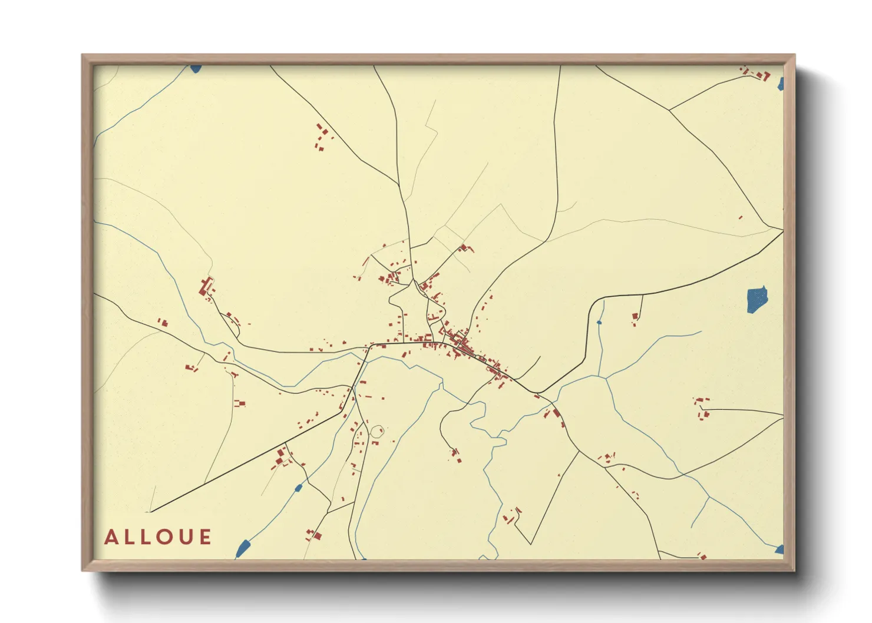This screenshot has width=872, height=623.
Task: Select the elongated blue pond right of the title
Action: [x=242, y=548]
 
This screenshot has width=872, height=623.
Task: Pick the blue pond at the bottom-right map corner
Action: [x=780, y=550]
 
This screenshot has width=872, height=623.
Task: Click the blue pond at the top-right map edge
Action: [x=781, y=84]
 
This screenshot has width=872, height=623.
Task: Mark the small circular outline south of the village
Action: [x=376, y=432]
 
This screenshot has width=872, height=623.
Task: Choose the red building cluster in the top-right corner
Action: [x=757, y=74]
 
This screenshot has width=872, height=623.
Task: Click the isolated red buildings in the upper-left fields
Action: [x=321, y=138]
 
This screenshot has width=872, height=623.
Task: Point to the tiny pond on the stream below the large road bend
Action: [x=599, y=322]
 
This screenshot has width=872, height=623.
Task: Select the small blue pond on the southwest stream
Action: [x=298, y=488]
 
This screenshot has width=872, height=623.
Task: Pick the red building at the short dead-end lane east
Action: [x=635, y=317]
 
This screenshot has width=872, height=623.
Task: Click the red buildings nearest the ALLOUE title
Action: [x=313, y=535]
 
